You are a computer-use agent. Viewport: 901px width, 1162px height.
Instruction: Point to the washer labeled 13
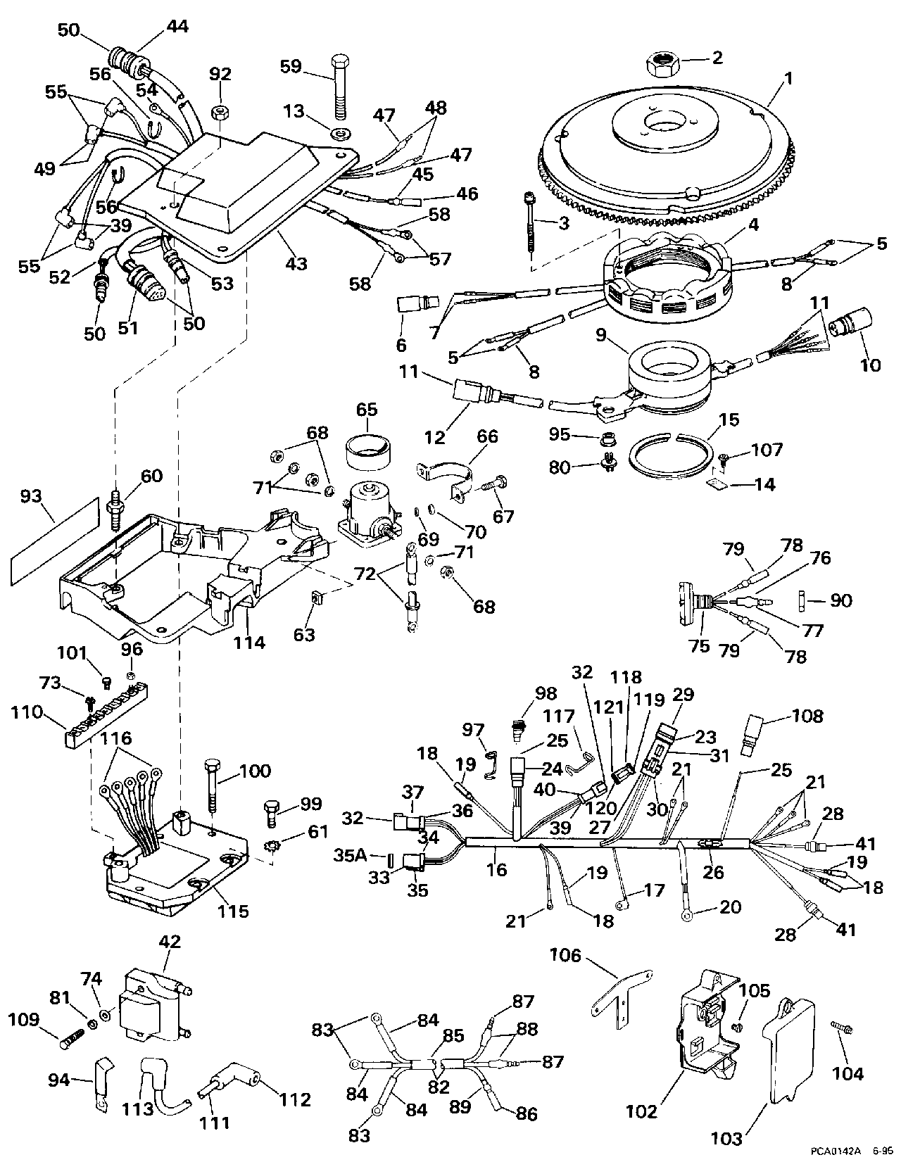point(338,132)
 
